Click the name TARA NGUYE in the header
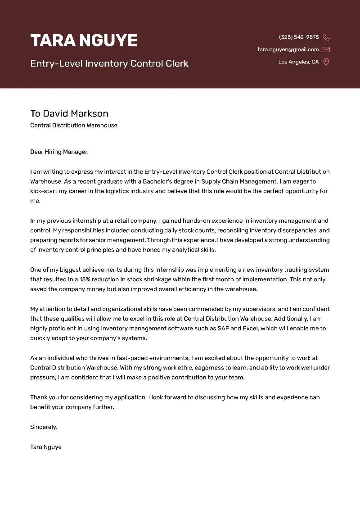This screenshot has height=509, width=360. pyautogui.click(x=84, y=41)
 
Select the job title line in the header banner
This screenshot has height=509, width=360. pyautogui.click(x=109, y=63)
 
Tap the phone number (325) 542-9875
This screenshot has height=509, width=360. pyautogui.click(x=299, y=37)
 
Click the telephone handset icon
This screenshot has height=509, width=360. pyautogui.click(x=326, y=37)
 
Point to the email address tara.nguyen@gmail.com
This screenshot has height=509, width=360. pyautogui.click(x=288, y=50)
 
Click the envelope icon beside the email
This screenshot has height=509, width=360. pyautogui.click(x=326, y=50)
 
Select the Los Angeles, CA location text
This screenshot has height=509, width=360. pyautogui.click(x=298, y=62)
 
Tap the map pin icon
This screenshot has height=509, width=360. pyautogui.click(x=326, y=62)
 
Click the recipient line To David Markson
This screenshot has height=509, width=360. pyautogui.click(x=69, y=113)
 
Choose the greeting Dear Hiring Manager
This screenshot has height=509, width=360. pyautogui.click(x=59, y=152)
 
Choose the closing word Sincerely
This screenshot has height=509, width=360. pyautogui.click(x=44, y=427)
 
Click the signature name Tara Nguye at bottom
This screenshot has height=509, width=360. pyautogui.click(x=46, y=447)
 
